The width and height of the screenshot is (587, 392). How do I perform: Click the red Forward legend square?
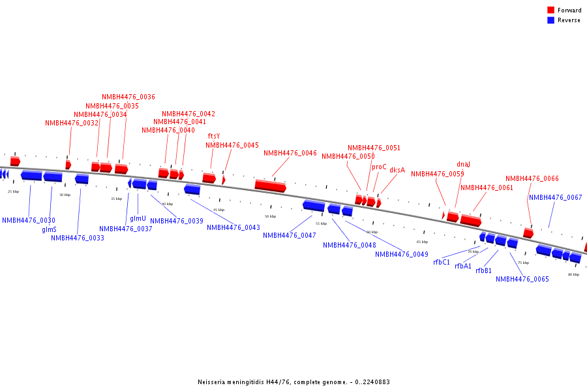tap(551, 10)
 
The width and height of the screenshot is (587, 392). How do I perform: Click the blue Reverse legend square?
tap(551, 20)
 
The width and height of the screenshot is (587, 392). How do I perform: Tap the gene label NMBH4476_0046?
tap(290, 154)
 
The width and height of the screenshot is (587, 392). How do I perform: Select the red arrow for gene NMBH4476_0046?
tap(270, 186)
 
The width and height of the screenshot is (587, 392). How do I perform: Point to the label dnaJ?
tap(463, 165)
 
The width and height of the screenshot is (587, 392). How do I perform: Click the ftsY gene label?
tap(214, 137)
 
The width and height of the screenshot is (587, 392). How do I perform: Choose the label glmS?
tap(49, 229)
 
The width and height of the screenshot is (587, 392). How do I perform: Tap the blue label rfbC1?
tap(442, 263)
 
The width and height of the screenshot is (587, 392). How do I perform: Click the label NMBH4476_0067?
tap(556, 198)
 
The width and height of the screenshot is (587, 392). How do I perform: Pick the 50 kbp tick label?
tap(270, 216)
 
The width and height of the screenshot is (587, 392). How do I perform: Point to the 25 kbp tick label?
tap(13, 191)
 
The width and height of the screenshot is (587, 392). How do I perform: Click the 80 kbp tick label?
tap(573, 274)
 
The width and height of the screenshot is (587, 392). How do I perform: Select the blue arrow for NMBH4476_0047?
tap(314, 206)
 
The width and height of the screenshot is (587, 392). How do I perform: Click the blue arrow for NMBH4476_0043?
tap(192, 189)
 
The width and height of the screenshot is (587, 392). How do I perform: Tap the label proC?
tap(379, 167)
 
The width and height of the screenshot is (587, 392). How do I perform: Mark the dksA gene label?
tap(397, 171)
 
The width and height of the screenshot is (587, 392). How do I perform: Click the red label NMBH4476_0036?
tap(128, 97)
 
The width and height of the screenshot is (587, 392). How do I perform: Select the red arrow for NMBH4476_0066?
tap(528, 233)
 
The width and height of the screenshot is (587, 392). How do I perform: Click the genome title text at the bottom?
tap(293, 382)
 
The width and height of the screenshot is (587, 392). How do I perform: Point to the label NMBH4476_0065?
tap(522, 280)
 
